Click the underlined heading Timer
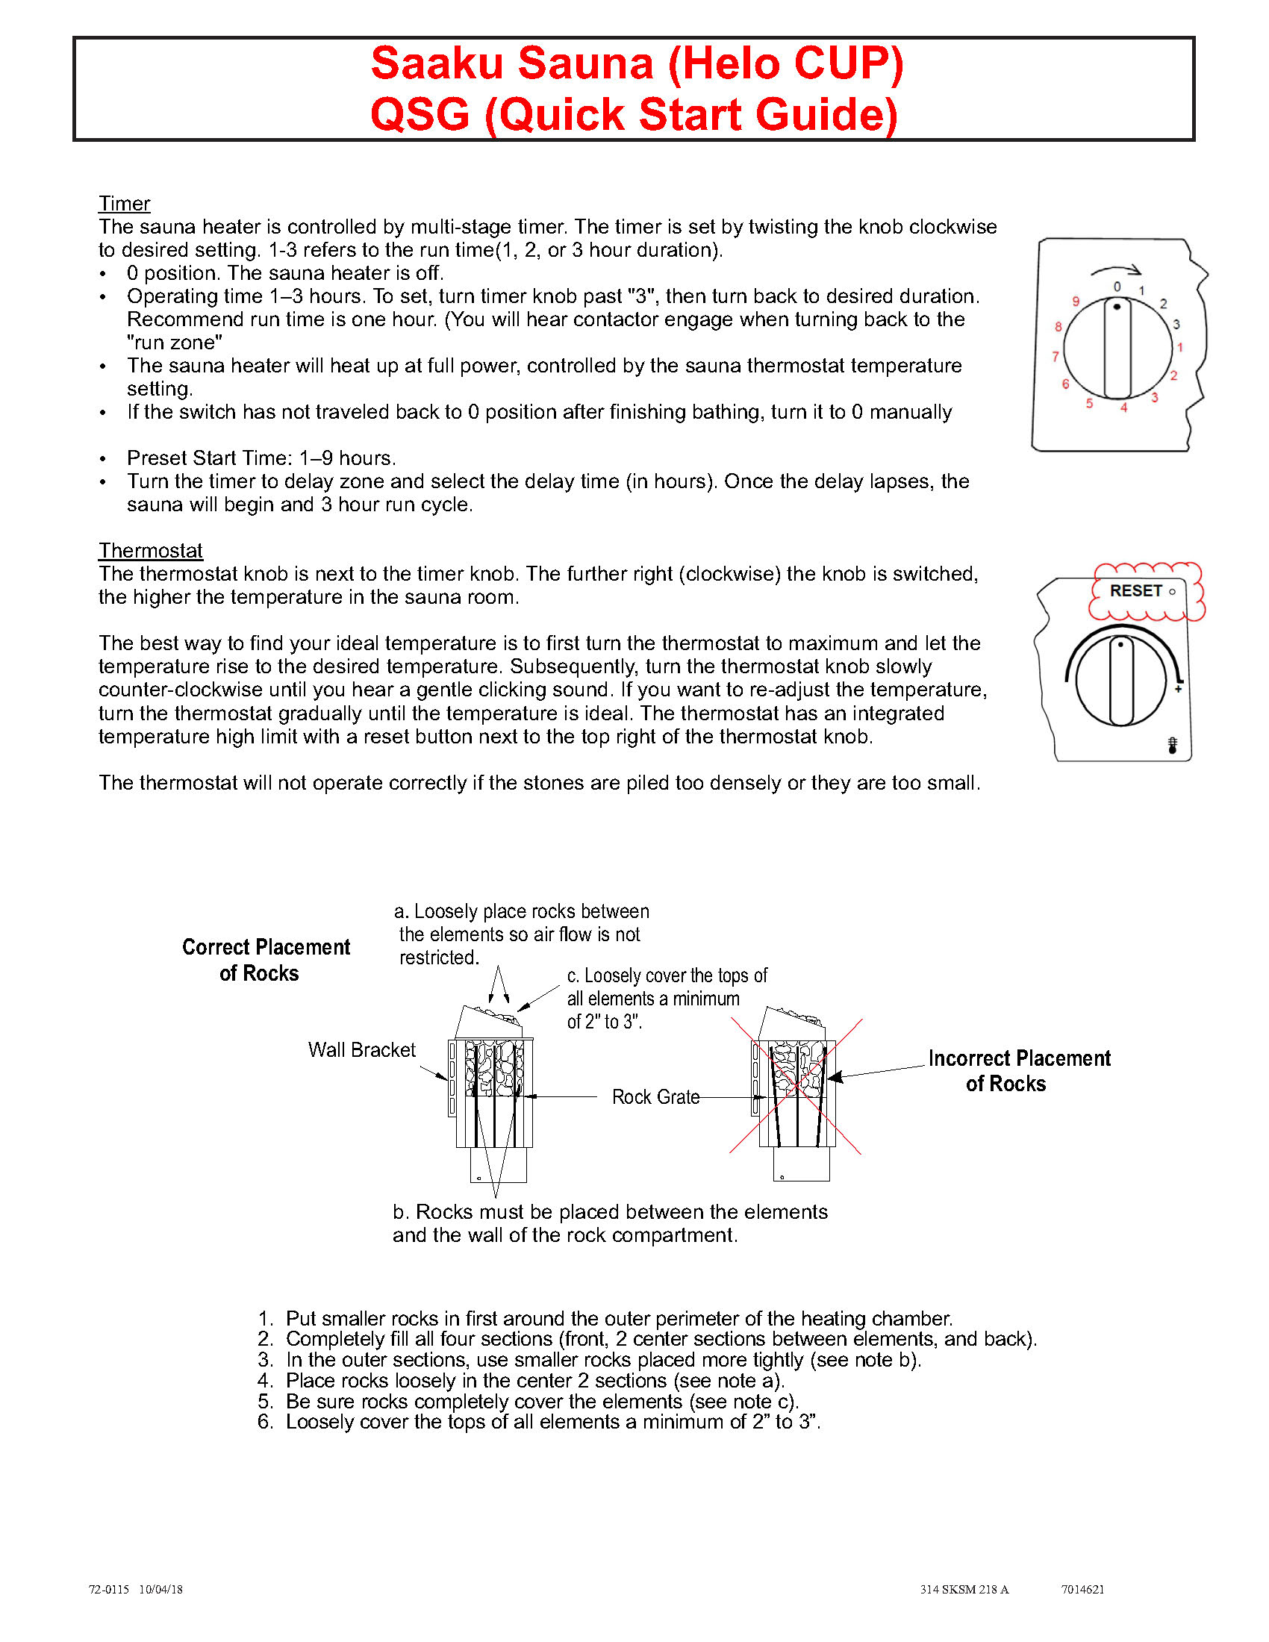point(124,204)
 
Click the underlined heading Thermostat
point(150,550)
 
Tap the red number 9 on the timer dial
point(1076,302)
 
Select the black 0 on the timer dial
point(1117,287)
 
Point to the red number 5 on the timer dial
point(1089,404)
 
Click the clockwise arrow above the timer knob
point(1117,271)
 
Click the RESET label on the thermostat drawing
point(1136,591)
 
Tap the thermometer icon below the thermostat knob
point(1172,745)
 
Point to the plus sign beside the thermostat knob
point(1178,689)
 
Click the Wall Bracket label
point(361,1050)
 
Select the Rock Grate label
point(655,1097)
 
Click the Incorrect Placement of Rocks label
point(1019,1070)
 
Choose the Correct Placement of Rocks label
point(266,960)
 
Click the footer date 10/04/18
point(160,1589)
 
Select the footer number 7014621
point(1082,1589)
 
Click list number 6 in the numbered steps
point(265,1422)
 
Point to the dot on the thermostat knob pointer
point(1120,645)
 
